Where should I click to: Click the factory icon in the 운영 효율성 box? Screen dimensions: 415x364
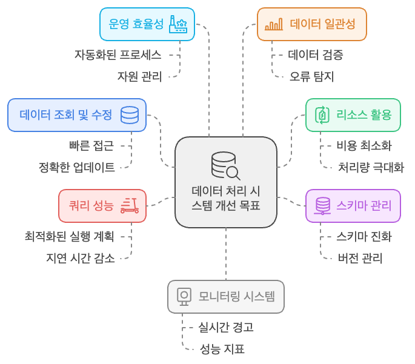pyautogui.click(x=178, y=24)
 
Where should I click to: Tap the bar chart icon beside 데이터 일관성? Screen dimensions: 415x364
pyautogui.click(x=274, y=24)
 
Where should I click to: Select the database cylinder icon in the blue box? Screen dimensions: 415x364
pyautogui.click(x=130, y=115)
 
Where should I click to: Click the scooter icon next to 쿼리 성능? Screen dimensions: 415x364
pyautogui.click(x=130, y=205)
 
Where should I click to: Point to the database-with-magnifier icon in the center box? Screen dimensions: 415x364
pyautogui.click(x=225, y=166)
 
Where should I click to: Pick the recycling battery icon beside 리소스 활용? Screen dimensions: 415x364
pyautogui.click(x=322, y=115)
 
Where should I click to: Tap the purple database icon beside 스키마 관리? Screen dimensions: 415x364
pyautogui.click(x=323, y=205)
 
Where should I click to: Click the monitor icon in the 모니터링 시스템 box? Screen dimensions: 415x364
pyautogui.click(x=184, y=297)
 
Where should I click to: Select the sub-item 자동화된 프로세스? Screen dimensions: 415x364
pyautogui.click(x=118, y=55)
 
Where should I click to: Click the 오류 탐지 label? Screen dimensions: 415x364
pyautogui.click(x=311, y=77)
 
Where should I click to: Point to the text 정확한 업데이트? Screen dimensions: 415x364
pyautogui.click(x=77, y=167)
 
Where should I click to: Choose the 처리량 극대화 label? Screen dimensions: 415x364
pyautogui.click(x=371, y=167)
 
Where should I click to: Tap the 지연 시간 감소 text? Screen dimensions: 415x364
pyautogui.click(x=81, y=258)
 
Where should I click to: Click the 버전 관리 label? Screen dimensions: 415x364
pyautogui.click(x=360, y=258)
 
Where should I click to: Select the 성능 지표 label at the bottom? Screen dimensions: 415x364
pyautogui.click(x=222, y=349)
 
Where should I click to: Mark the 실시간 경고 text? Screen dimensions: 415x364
pyautogui.click(x=226, y=327)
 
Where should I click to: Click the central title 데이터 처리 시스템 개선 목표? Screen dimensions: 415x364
pyautogui.click(x=226, y=198)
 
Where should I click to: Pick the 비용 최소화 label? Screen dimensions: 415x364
pyautogui.click(x=364, y=145)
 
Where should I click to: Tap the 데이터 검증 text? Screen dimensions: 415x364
pyautogui.click(x=316, y=55)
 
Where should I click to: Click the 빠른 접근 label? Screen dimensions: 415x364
pyautogui.click(x=91, y=145)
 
